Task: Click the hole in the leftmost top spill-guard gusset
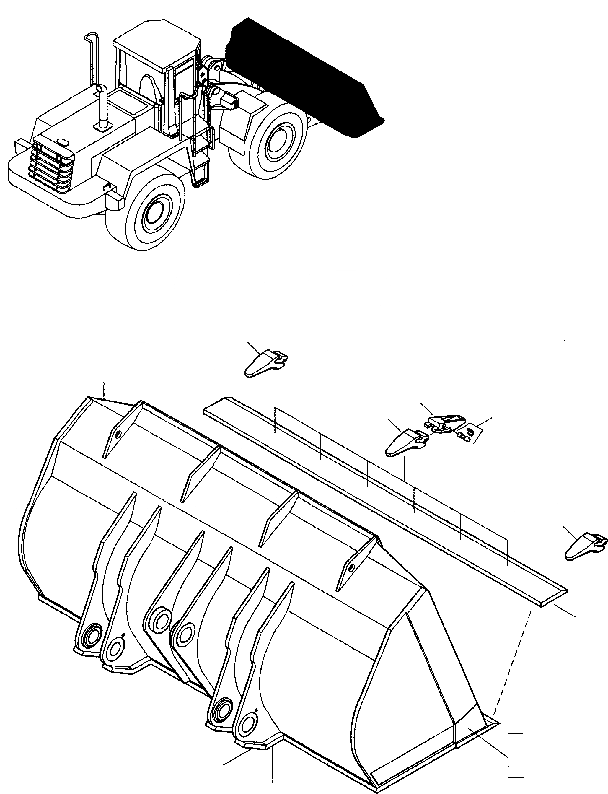(118, 435)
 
